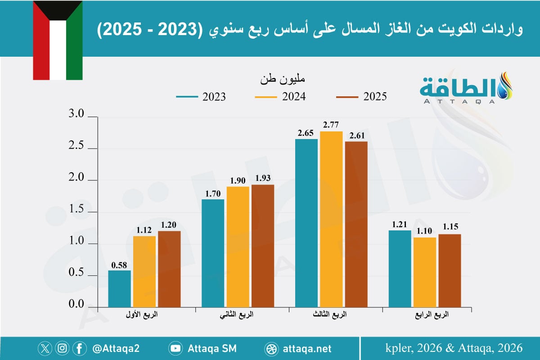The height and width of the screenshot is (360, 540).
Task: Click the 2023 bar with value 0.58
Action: (x=120, y=288)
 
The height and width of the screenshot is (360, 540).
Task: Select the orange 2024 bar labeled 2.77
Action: (x=331, y=219)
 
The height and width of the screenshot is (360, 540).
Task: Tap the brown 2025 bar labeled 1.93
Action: (x=263, y=246)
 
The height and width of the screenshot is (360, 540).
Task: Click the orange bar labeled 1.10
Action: (x=425, y=272)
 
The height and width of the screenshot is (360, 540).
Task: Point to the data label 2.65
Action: (x=306, y=133)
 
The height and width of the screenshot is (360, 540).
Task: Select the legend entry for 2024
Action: (x=280, y=97)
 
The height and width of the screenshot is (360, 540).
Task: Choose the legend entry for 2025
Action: (x=361, y=97)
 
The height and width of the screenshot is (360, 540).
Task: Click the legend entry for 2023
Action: (x=201, y=97)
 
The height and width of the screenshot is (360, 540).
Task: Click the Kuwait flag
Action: (x=58, y=40)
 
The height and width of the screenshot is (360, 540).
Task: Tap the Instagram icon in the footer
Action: (x=63, y=348)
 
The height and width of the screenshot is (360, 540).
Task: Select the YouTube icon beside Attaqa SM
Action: (x=175, y=348)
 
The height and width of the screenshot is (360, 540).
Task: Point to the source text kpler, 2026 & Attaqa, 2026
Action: (x=454, y=348)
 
